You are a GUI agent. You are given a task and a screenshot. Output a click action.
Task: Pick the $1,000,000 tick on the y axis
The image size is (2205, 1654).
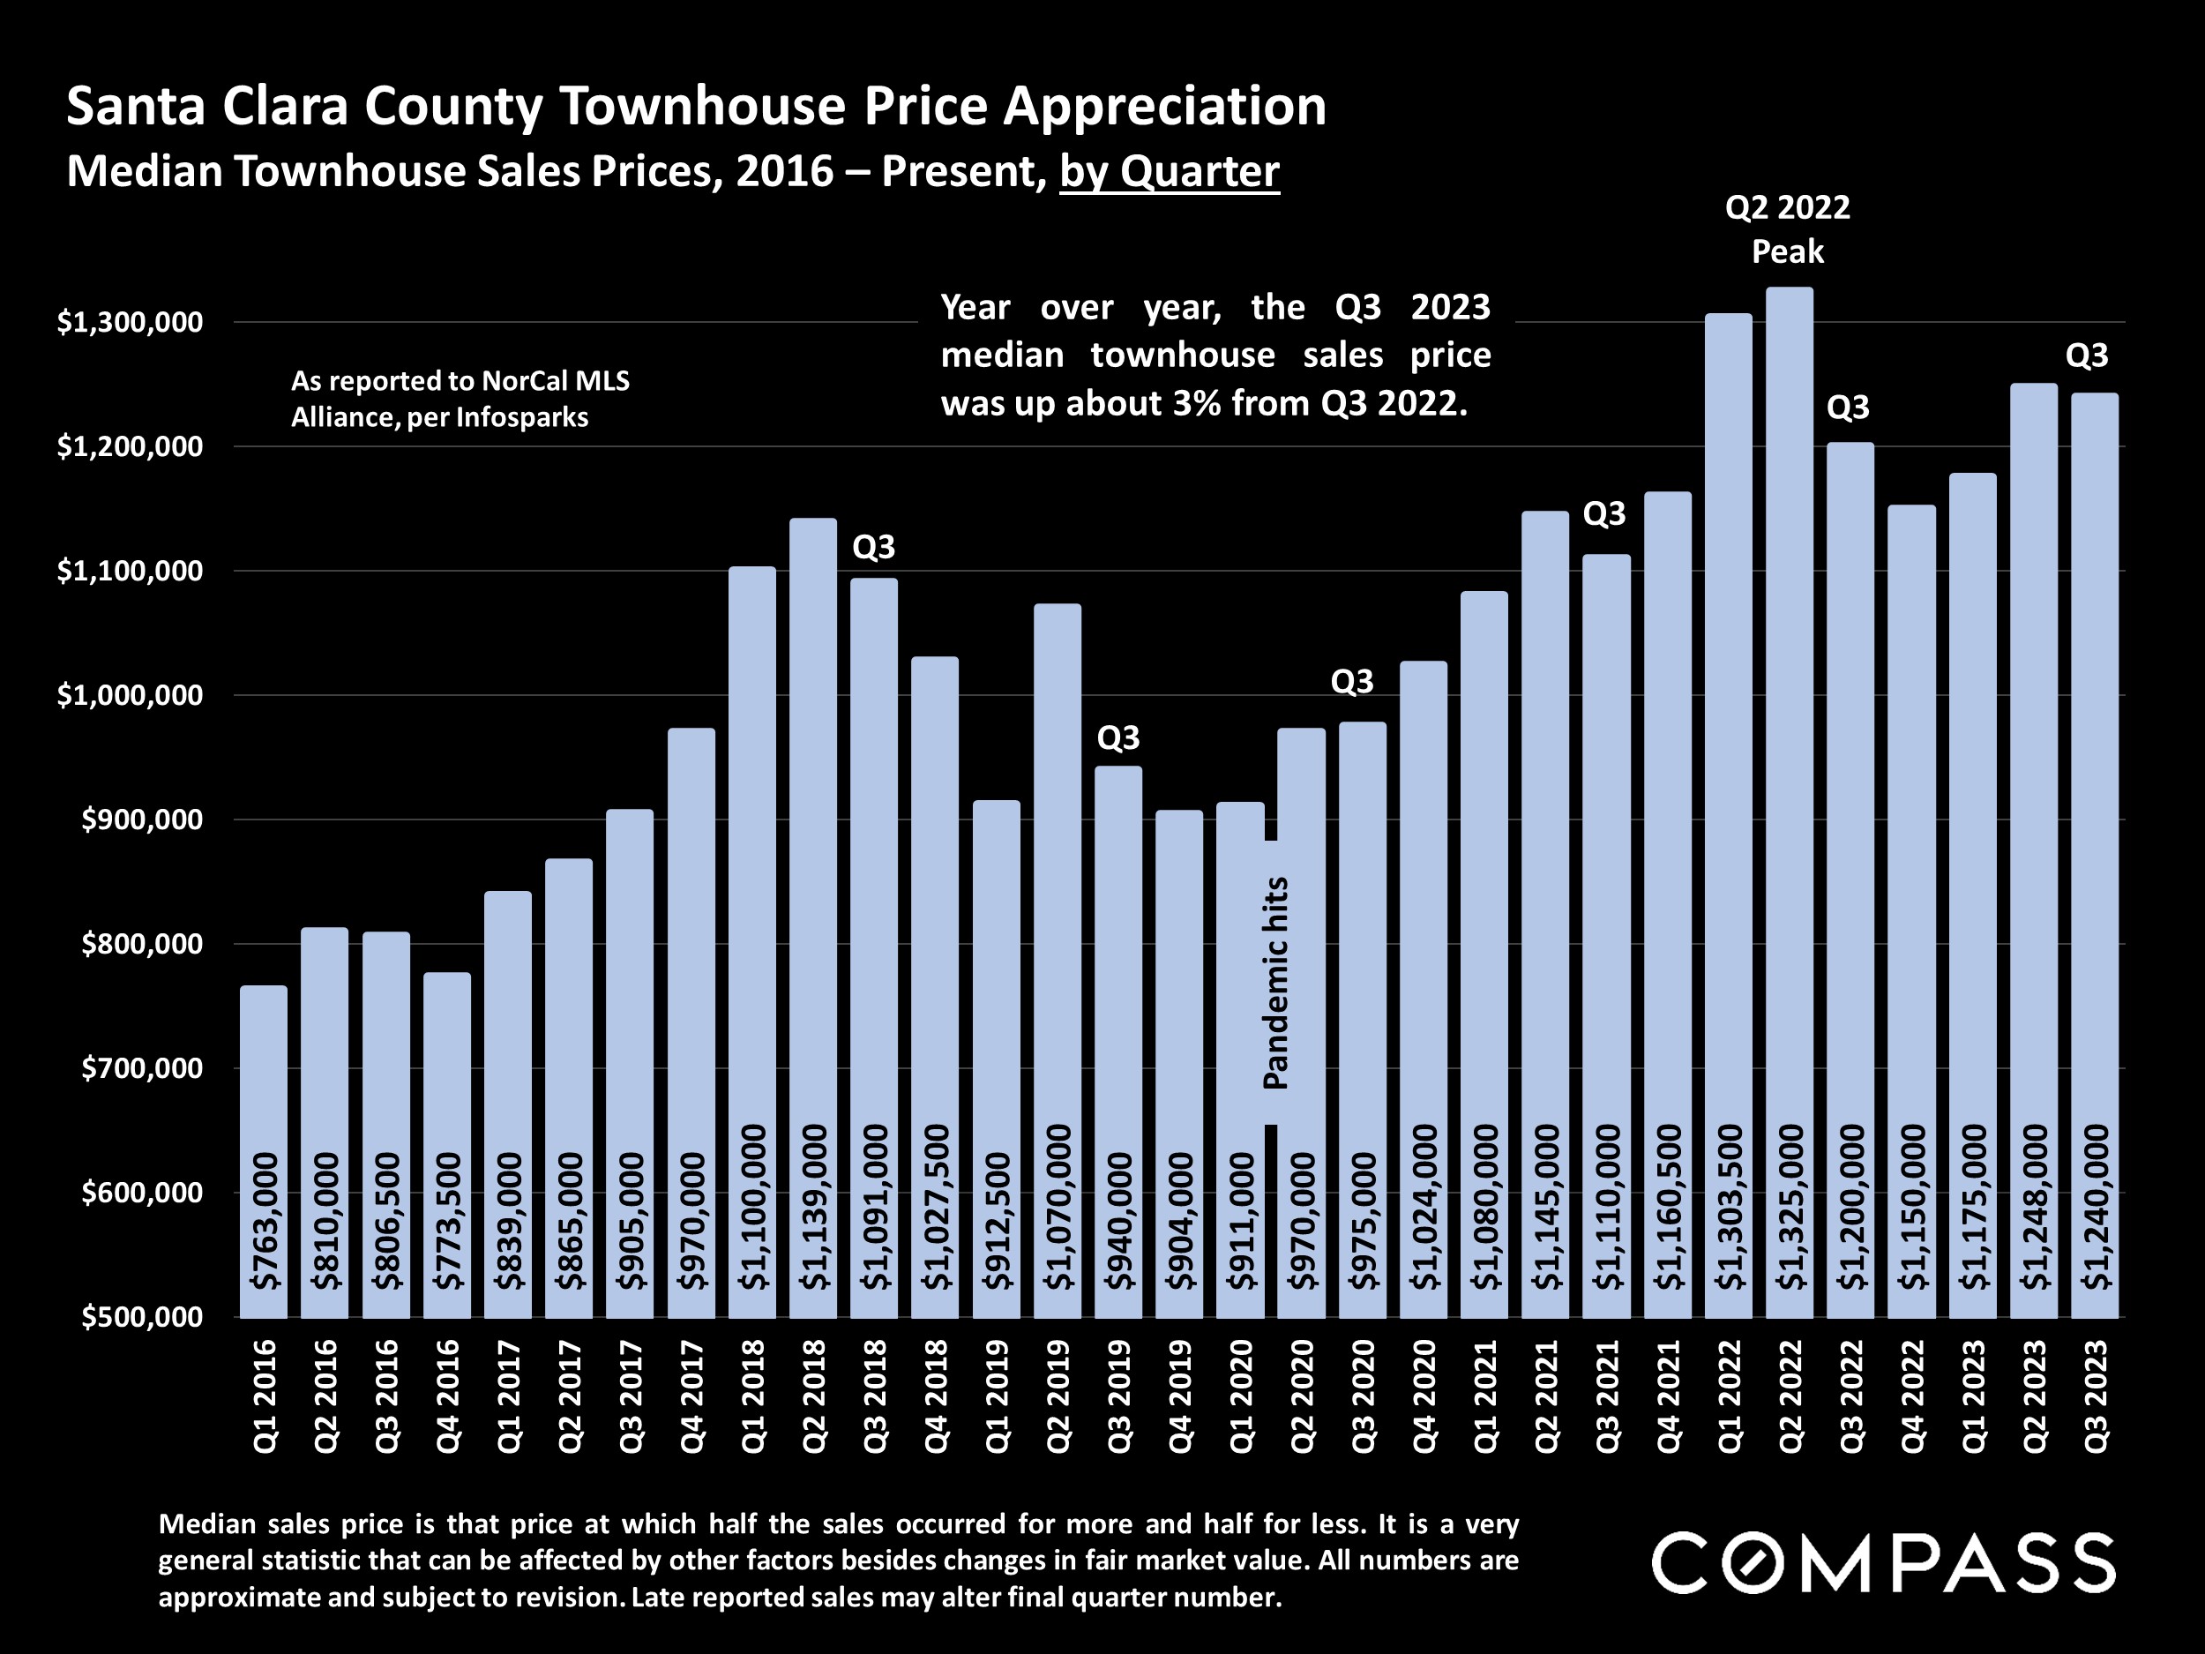point(130,695)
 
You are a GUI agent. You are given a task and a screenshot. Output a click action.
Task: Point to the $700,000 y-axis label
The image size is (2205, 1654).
point(141,1067)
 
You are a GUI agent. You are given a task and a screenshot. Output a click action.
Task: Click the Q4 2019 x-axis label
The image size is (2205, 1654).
point(1179,1396)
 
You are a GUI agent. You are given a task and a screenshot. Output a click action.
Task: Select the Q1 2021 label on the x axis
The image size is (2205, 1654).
point(1484,1396)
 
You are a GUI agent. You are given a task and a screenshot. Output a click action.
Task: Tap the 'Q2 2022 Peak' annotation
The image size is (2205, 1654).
point(1787,229)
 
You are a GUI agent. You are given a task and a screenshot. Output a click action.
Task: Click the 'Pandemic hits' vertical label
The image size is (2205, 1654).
point(1276,983)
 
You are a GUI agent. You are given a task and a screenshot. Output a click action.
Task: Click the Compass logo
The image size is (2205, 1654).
point(1883,1563)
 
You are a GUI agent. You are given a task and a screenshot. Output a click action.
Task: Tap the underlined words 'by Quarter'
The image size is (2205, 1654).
point(1169,171)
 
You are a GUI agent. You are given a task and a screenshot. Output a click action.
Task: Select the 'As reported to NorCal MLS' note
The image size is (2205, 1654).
point(460,381)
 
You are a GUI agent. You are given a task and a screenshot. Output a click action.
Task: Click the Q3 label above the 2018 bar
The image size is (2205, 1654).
point(873,546)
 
